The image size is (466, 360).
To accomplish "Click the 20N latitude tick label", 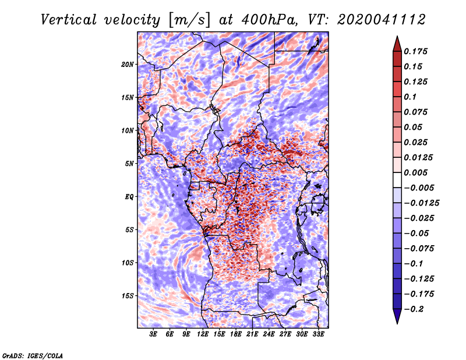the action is [x=128, y=64].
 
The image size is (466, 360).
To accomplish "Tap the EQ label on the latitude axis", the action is [x=129, y=196].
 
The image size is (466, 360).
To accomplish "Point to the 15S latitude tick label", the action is [x=128, y=296].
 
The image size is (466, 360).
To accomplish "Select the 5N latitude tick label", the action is [x=129, y=164].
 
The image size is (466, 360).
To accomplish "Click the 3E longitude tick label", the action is [x=153, y=334].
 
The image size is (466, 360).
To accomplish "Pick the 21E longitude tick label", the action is [x=252, y=334].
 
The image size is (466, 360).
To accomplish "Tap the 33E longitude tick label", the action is [x=318, y=334].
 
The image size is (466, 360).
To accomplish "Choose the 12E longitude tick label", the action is [x=202, y=334].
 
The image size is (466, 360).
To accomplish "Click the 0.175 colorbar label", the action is [x=415, y=51].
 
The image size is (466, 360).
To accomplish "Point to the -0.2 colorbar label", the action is [x=414, y=309].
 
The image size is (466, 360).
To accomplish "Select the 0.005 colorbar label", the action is [x=415, y=172].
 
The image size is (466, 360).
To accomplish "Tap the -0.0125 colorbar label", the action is [x=421, y=203].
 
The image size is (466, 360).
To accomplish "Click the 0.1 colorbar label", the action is [x=410, y=97].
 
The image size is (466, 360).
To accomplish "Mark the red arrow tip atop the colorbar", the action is [x=397, y=36].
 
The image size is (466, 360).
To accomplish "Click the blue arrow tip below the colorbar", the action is [x=397, y=323].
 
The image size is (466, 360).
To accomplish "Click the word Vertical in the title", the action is [x=69, y=20].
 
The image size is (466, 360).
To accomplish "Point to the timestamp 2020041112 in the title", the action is [x=382, y=20].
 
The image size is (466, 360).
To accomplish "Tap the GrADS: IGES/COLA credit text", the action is [x=33, y=355].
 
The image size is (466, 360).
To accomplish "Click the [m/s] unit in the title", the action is [x=189, y=20].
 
